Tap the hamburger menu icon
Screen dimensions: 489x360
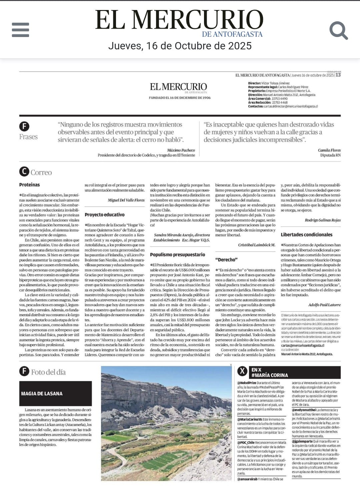pyautogui.click(x=20, y=30)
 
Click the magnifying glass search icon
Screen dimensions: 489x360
pyautogui.click(x=338, y=30)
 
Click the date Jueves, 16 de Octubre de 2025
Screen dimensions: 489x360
pyautogui.click(x=180, y=46)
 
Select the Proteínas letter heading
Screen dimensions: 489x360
pyautogui.click(x=29, y=185)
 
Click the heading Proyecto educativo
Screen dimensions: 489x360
pyautogui.click(x=104, y=215)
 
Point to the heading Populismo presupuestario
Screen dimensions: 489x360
pyautogui.click(x=177, y=255)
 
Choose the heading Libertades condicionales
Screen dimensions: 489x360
pyautogui.click(x=306, y=234)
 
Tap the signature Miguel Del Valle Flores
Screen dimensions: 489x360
pyautogui.click(x=126, y=200)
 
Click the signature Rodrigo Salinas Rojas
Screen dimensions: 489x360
pyautogui.click(x=322, y=220)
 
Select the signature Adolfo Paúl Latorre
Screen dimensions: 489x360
pyautogui.click(x=324, y=305)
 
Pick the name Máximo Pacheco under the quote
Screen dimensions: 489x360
pyautogui.click(x=181, y=150)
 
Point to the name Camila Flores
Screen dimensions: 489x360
pyautogui.click(x=329, y=150)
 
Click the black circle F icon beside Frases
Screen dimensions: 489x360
pyautogui.click(x=24, y=126)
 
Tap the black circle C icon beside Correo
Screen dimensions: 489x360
pyautogui.click(x=24, y=172)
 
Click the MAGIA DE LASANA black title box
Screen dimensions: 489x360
pyautogui.click(x=55, y=394)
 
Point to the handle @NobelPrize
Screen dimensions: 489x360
pyautogui.click(x=247, y=383)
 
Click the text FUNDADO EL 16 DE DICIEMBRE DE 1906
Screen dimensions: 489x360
pyautogui.click(x=180, y=98)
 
